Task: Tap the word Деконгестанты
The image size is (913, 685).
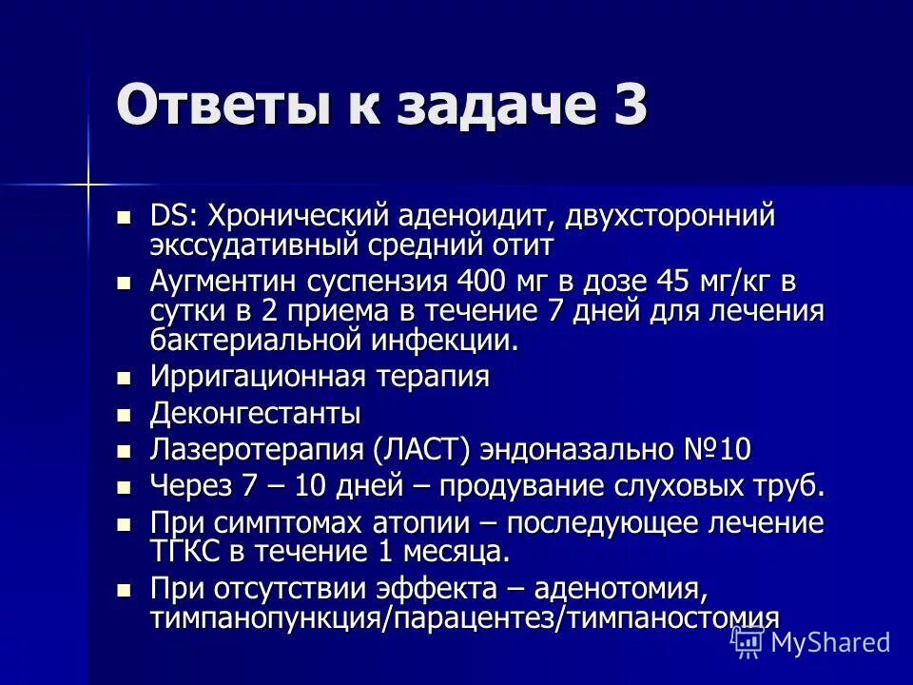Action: click(255, 414)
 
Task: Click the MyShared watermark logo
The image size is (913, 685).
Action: click(811, 641)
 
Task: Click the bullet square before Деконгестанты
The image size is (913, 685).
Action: click(121, 415)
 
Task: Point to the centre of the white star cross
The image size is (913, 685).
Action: click(88, 180)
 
